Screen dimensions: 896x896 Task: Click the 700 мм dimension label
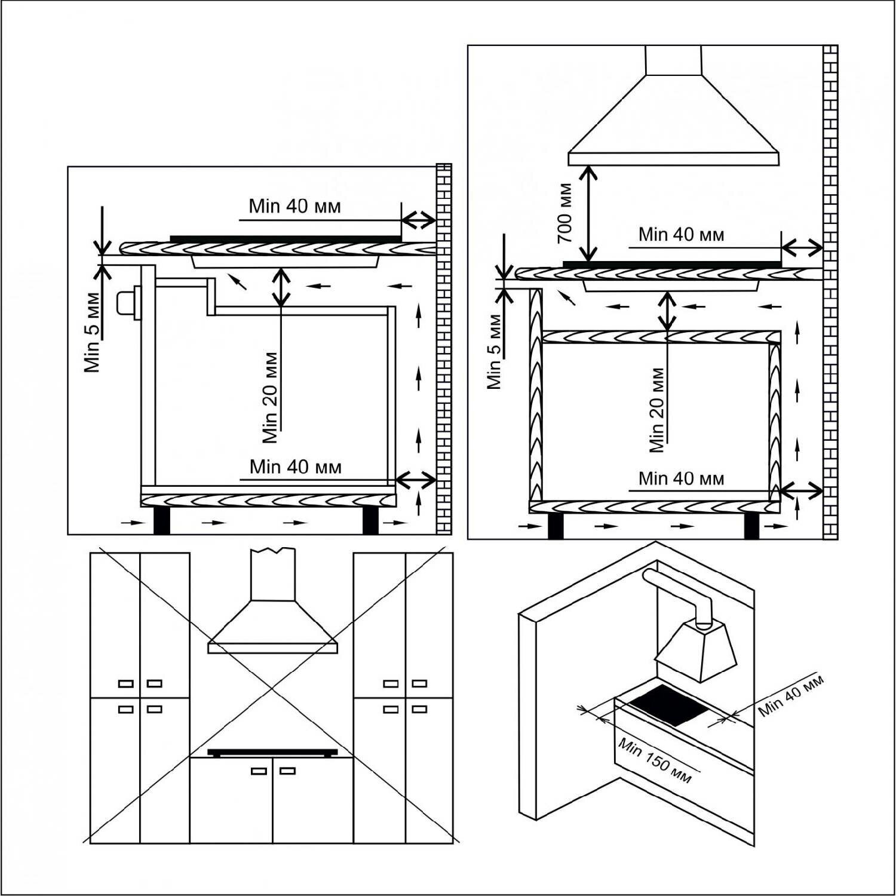pyautogui.click(x=564, y=212)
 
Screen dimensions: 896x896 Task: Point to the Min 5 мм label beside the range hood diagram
pyautogui.click(x=495, y=351)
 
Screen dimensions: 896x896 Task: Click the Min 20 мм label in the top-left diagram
pyautogui.click(x=270, y=397)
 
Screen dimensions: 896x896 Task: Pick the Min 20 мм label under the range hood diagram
pyautogui.click(x=657, y=409)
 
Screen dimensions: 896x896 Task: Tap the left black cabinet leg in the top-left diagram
pyautogui.click(x=162, y=520)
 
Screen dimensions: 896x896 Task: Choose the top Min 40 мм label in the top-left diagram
pyautogui.click(x=295, y=207)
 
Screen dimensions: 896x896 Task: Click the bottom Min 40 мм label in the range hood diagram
pyautogui.click(x=681, y=478)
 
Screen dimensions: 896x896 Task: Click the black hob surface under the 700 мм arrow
pyautogui.click(x=672, y=263)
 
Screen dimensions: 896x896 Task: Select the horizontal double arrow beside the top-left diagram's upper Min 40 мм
pyautogui.click(x=418, y=220)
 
